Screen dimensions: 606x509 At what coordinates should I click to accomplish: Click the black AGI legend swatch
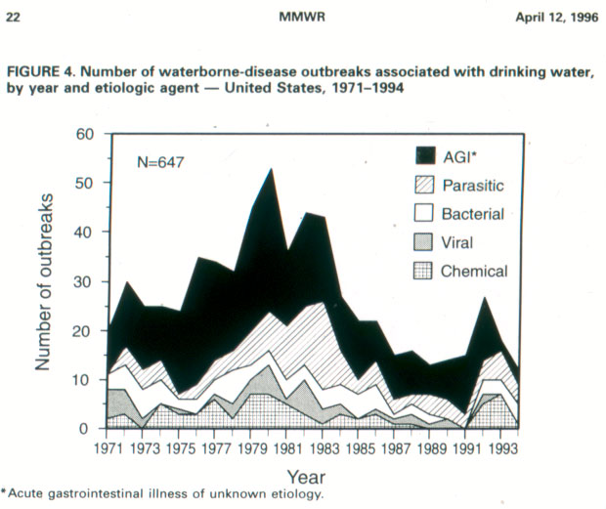coord(425,155)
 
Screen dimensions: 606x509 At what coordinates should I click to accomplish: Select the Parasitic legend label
coord(473,186)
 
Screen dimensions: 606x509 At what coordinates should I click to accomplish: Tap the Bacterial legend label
coord(473,214)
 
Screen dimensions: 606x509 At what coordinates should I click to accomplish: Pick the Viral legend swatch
coord(423,242)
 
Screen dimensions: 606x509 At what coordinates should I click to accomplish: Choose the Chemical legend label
coord(474,271)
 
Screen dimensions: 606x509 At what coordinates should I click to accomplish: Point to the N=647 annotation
coord(160,162)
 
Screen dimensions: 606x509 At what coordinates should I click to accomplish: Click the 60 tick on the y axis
coord(85,134)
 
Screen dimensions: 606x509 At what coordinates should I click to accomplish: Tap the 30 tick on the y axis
coord(83,281)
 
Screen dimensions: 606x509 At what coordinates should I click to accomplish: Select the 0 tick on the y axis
coord(83,429)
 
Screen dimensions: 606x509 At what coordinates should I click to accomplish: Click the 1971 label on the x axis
coord(108,448)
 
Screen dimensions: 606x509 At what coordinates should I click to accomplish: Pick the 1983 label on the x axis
coord(325,448)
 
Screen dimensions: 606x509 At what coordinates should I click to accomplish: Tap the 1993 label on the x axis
coord(503,448)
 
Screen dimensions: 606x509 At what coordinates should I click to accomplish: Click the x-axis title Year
coord(306,478)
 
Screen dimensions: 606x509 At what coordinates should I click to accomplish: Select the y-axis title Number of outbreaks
coord(43,281)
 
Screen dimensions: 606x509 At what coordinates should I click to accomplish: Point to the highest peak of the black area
coord(272,169)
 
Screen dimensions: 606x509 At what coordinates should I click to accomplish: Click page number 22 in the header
coord(13,18)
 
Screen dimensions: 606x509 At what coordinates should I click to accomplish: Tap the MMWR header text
coord(302,17)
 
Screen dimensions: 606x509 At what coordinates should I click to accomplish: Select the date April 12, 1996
coord(557,18)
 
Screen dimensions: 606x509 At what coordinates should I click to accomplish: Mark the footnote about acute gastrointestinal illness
coord(161,494)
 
